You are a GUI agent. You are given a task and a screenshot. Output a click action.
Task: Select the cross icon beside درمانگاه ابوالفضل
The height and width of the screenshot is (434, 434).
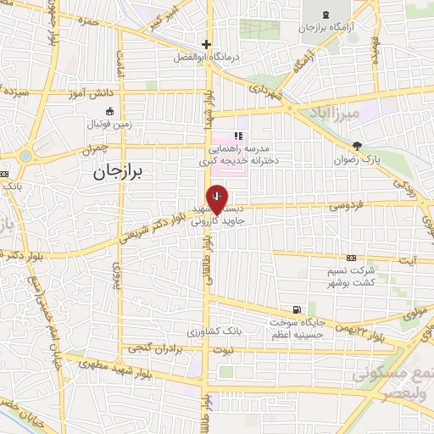[x=206, y=45]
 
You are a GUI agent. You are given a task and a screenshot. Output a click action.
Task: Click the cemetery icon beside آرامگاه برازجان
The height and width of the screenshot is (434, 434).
[x=329, y=14]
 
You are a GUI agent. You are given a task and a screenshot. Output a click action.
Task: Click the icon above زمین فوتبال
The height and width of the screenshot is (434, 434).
[x=108, y=110]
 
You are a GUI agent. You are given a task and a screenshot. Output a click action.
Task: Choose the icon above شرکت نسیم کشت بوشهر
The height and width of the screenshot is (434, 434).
[x=351, y=258]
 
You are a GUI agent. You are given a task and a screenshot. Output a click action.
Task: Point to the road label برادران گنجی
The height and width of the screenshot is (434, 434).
[x=158, y=348]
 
